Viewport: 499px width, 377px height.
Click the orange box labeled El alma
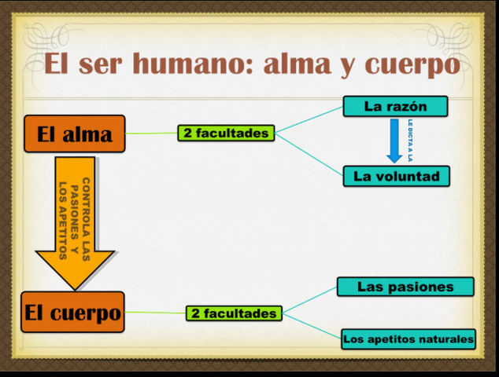[75, 134]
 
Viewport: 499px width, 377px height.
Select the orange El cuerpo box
[73, 313]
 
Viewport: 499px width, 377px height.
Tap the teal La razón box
[395, 106]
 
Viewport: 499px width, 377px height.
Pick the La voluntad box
[396, 176]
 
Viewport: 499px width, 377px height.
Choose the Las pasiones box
[405, 287]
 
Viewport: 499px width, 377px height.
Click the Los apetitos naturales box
[408, 339]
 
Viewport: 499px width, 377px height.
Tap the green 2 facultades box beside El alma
[226, 133]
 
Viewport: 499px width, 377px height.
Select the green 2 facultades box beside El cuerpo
[235, 313]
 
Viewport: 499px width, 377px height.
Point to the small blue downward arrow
[394, 140]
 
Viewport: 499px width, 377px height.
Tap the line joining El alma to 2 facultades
[151, 134]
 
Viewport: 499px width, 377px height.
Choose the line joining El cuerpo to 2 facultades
[155, 313]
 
